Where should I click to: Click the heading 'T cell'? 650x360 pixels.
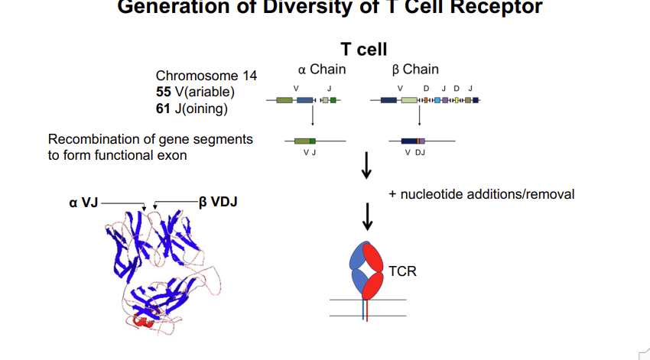(363, 49)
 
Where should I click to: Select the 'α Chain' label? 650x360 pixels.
(321, 70)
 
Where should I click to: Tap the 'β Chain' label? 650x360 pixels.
(415, 70)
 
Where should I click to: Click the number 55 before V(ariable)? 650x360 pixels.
(164, 92)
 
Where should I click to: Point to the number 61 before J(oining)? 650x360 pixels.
(164, 107)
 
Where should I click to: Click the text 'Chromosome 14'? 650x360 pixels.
(206, 76)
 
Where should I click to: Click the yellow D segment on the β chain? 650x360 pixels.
(456, 100)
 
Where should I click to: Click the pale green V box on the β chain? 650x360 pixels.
(409, 100)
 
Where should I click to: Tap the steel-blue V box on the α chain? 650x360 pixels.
(305, 100)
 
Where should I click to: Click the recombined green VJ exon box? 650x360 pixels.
(305, 141)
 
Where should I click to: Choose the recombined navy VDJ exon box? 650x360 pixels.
(409, 141)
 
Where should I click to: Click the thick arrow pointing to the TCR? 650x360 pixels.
(367, 216)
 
